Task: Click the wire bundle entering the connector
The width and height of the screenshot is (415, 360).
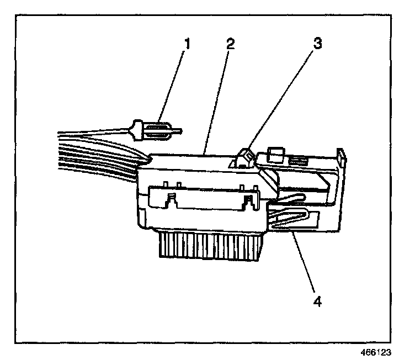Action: [x=94, y=155]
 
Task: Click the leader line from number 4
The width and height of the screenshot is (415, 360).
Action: [x=304, y=265]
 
